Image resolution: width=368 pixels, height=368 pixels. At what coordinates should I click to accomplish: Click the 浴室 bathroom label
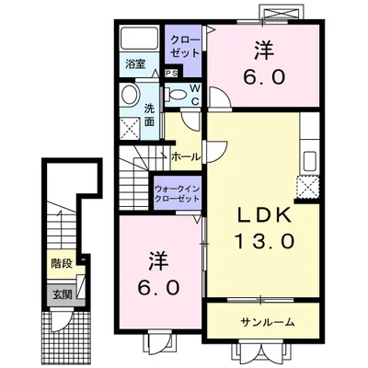tap(135, 64)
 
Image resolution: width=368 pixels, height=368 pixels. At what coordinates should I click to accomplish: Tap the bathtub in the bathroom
tap(140, 40)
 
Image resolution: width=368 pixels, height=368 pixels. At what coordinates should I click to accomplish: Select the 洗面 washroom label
tap(148, 116)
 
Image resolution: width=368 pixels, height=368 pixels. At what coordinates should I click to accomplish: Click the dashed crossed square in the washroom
tap(131, 131)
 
